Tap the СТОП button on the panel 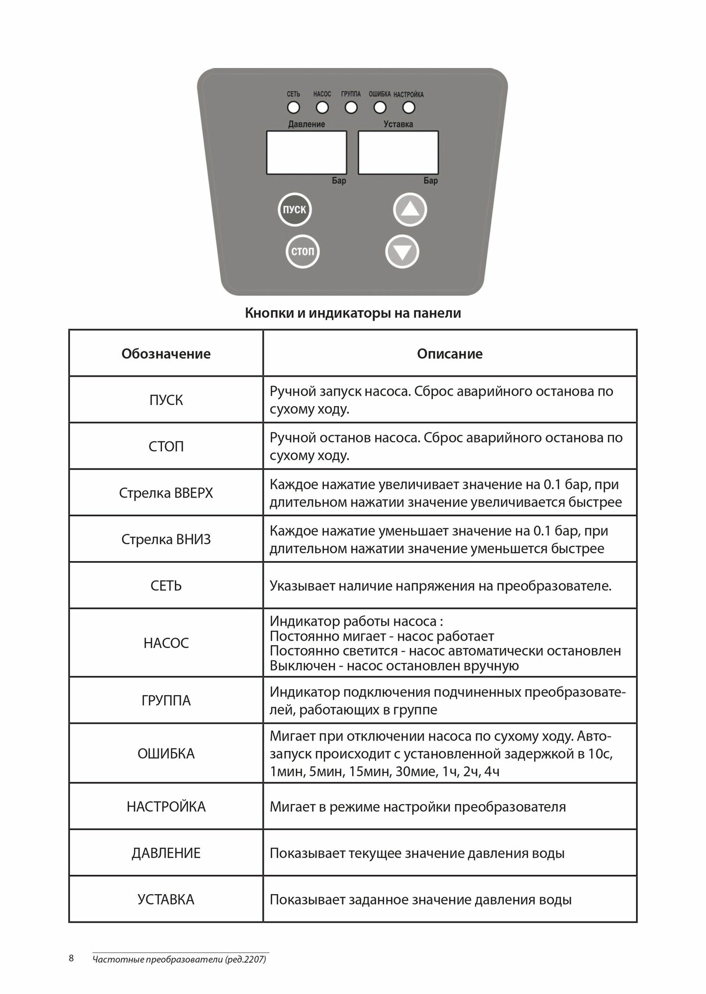tap(303, 251)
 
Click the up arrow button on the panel tap(410, 210)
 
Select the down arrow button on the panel tap(402, 252)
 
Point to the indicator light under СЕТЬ tap(293, 107)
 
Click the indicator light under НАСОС tap(322, 107)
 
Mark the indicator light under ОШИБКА tap(380, 107)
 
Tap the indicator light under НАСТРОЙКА tap(409, 107)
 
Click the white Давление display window tap(307, 153)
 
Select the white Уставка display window tap(398, 153)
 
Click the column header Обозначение tap(166, 354)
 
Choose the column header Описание tap(450, 354)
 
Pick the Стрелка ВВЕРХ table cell tap(166, 493)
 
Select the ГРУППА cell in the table tap(166, 701)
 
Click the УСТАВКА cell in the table tap(166, 900)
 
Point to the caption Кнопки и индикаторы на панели tap(353, 313)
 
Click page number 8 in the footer tap(72, 958)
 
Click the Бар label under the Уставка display tap(431, 181)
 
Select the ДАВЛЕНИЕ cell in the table tap(166, 853)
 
